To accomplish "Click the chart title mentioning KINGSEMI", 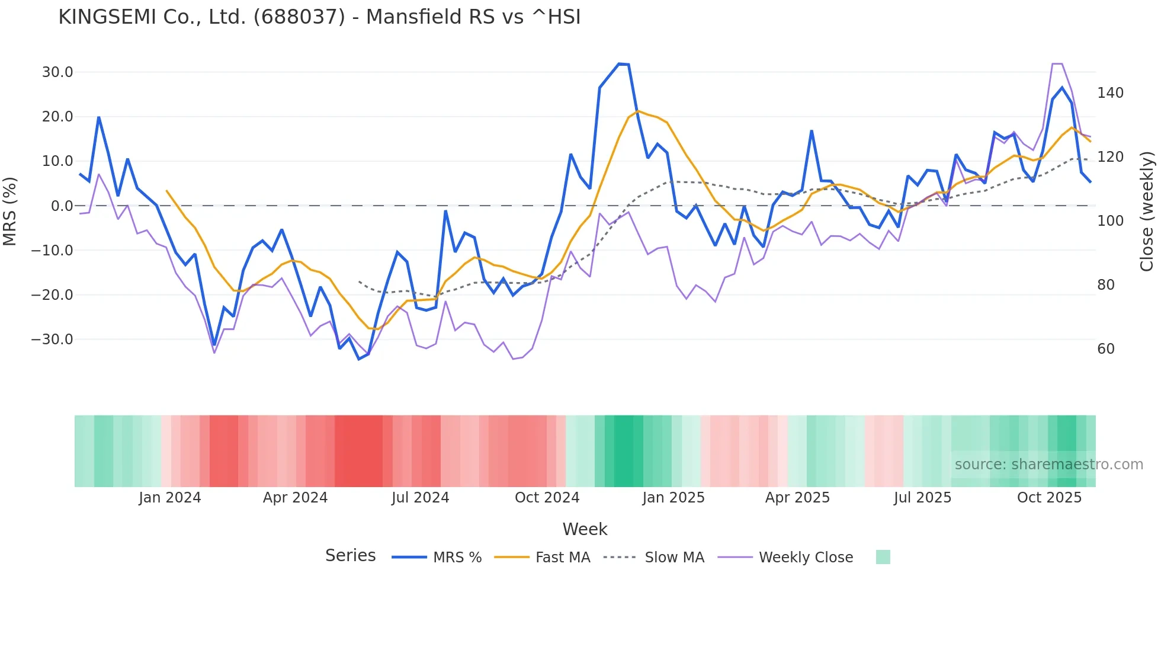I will point(319,17).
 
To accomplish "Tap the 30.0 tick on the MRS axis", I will point(57,72).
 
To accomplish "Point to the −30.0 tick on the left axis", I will point(52,340).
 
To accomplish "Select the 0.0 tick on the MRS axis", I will point(62,206).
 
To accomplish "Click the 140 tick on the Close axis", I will point(1110,93).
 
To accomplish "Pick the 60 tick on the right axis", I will point(1106,349).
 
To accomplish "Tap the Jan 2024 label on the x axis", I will point(170,498).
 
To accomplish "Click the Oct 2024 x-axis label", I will point(547,498).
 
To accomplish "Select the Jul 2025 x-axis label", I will point(922,498).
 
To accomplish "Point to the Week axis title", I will point(585,529).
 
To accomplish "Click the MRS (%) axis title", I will point(10,211).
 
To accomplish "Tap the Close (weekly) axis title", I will point(1147,212).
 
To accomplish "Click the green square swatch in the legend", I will point(883,557).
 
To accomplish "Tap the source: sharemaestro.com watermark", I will point(1048,465).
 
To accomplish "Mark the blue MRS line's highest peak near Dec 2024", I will point(620,64).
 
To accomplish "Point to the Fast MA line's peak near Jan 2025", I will point(638,111).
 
